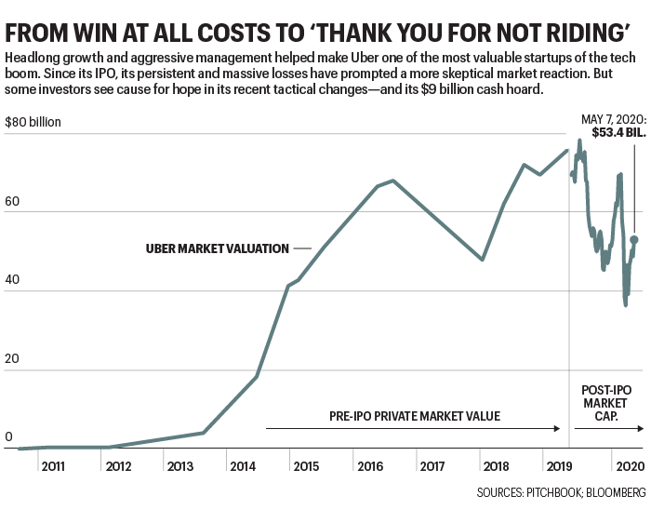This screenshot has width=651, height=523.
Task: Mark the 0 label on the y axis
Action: (8, 437)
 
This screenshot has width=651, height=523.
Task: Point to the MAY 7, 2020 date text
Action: (612, 118)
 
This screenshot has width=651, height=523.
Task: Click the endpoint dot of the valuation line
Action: (634, 239)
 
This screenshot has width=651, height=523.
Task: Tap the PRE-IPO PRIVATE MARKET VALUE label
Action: (414, 416)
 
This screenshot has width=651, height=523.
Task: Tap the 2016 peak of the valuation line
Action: (393, 181)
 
